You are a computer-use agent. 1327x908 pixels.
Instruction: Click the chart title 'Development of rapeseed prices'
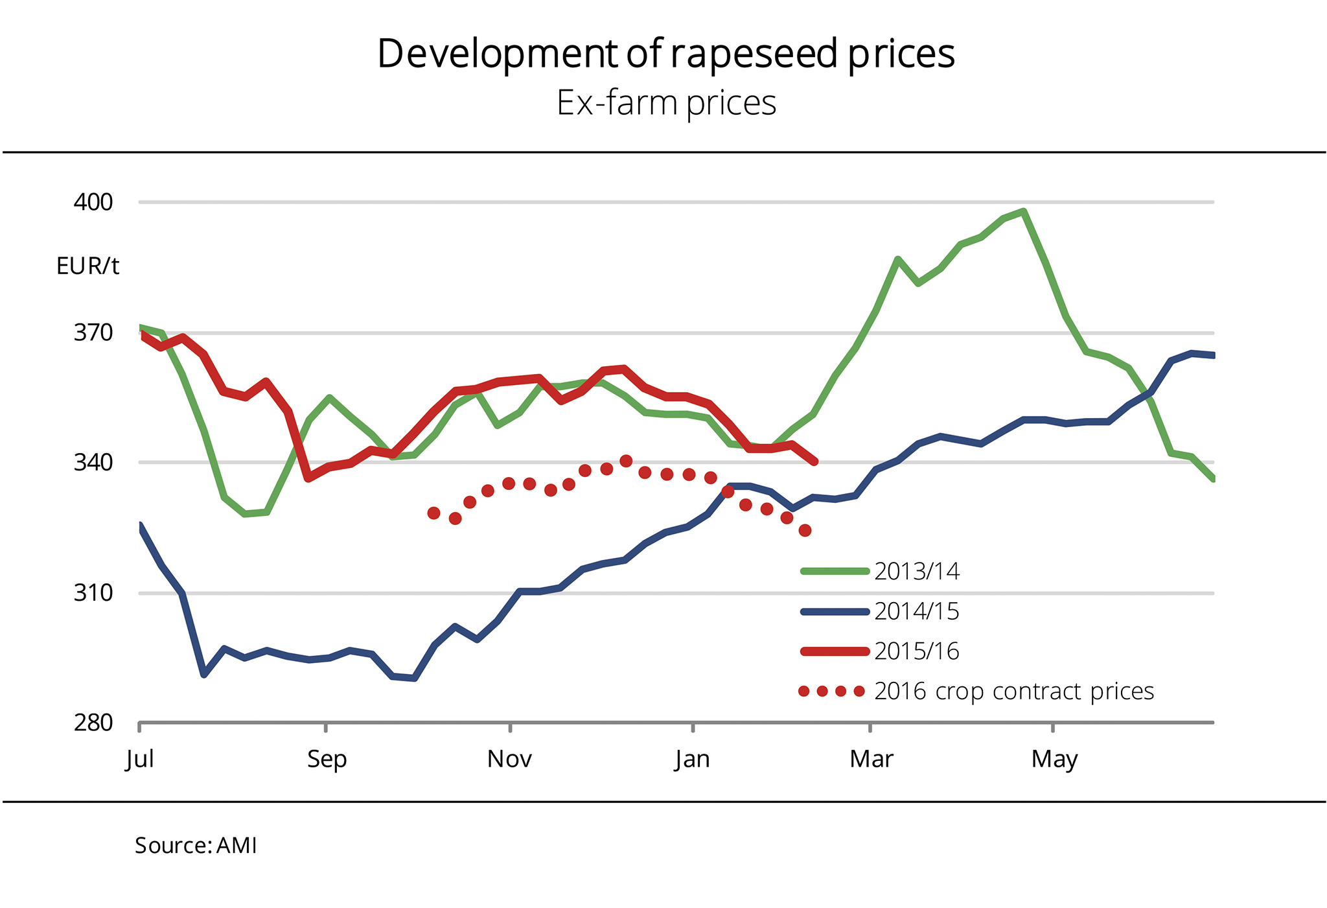665,53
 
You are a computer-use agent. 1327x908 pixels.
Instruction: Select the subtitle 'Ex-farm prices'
666,103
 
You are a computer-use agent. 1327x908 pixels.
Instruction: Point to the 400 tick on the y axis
93,202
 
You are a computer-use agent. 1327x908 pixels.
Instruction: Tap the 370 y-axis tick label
93,333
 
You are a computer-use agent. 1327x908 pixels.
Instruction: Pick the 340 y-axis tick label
93,463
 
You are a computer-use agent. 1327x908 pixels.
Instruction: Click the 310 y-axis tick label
93,593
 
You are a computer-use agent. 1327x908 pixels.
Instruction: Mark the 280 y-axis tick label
93,723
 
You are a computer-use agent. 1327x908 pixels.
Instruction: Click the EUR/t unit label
87,266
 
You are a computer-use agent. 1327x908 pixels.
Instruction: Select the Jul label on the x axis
140,759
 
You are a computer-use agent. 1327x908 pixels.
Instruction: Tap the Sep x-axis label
327,759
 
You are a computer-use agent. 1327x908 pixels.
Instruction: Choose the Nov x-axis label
510,759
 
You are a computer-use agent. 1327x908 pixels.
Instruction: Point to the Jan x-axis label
693,759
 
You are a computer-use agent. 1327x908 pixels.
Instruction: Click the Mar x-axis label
871,759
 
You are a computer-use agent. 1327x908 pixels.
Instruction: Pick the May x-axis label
1054,759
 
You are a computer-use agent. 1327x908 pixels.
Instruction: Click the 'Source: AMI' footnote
196,846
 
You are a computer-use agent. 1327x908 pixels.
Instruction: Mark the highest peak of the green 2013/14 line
1023,211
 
